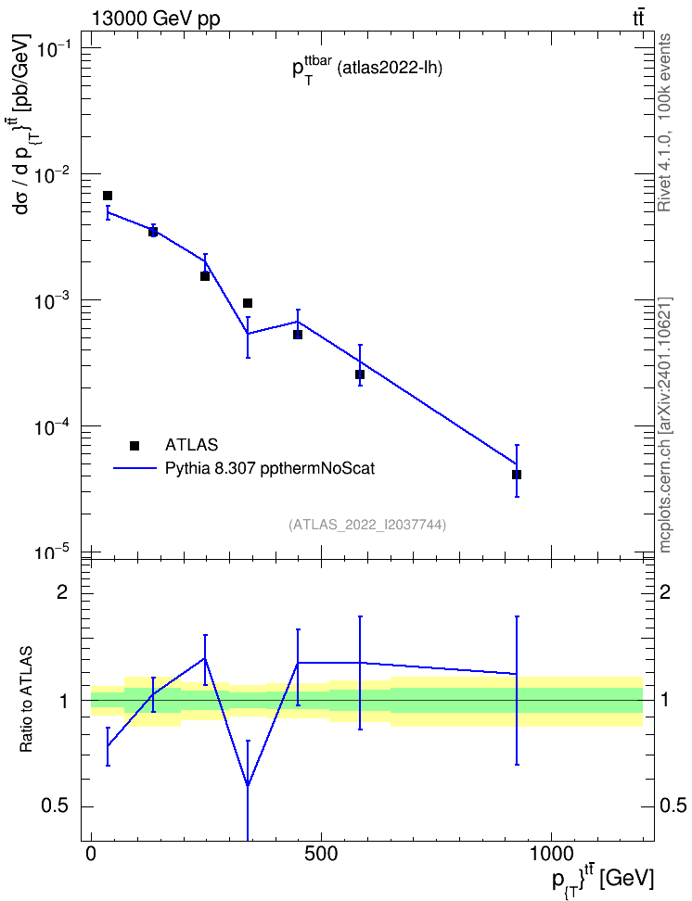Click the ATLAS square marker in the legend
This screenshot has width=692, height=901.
[135, 445]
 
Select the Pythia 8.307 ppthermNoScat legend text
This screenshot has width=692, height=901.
[270, 468]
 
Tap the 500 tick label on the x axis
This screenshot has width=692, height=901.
[320, 854]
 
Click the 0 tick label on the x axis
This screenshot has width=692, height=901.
[91, 854]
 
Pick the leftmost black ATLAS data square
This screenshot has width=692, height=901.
[108, 196]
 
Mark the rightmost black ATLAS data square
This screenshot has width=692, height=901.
[517, 475]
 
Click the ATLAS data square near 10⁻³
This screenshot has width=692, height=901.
[248, 303]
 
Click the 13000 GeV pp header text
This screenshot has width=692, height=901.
[155, 19]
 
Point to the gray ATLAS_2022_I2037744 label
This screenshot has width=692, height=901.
[367, 525]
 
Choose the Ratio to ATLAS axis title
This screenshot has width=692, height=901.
[26, 699]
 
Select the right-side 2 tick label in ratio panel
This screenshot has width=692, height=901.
[665, 591]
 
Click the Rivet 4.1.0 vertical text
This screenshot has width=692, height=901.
[664, 123]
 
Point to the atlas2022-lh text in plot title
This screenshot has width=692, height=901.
[390, 70]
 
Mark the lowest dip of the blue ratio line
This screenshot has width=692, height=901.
[248, 785]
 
